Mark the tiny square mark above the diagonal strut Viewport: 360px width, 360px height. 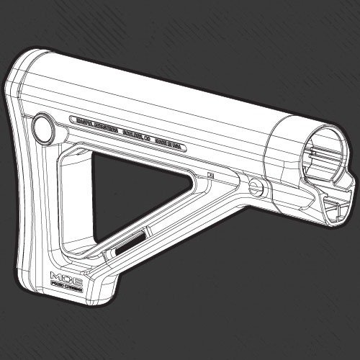211,174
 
